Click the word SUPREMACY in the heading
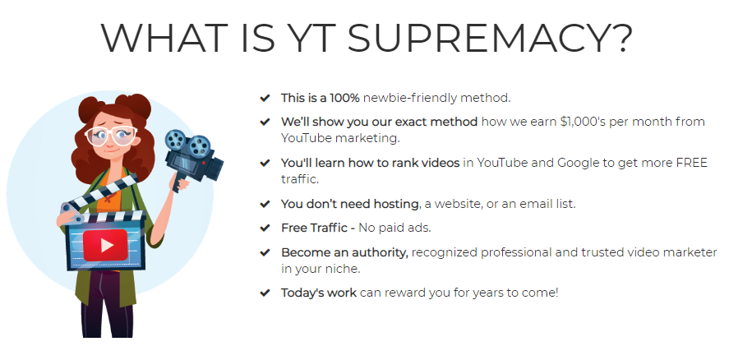tap(477, 38)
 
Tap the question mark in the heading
tap(619, 37)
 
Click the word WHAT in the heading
tap(164, 38)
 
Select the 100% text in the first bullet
tap(344, 98)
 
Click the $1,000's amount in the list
tap(583, 122)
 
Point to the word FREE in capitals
tap(691, 163)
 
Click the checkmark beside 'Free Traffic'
tap(265, 228)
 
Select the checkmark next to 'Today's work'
tap(265, 293)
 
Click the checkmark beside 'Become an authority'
tap(265, 252)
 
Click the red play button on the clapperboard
tap(105, 245)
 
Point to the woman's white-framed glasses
tap(111, 136)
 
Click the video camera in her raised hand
tap(194, 158)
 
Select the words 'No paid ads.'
tap(394, 228)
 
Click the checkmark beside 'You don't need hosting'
tap(265, 204)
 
